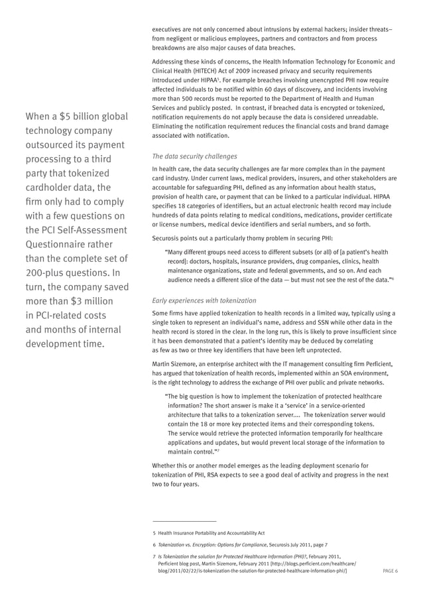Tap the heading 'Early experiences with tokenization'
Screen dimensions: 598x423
pos(205,300)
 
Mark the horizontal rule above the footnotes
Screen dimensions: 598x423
pos(184,521)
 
